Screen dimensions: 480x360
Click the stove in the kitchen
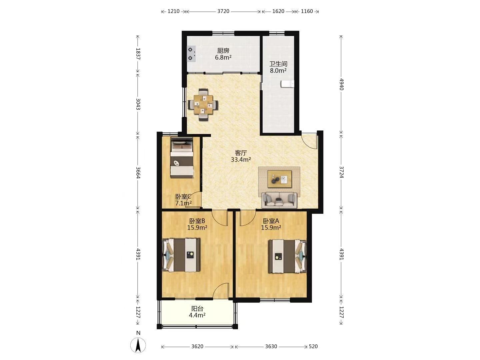(191, 54)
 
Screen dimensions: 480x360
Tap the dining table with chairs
(203, 104)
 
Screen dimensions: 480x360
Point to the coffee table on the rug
(279, 179)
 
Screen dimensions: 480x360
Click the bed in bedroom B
(181, 255)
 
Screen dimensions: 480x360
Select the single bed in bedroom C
(182, 157)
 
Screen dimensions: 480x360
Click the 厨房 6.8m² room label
(223, 54)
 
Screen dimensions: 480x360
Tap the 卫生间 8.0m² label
(278, 67)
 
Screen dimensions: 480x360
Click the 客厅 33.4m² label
(241, 156)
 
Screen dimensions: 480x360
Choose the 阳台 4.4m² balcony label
(197, 312)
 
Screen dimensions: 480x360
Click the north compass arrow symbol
(138, 345)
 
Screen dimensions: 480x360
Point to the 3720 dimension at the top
(223, 11)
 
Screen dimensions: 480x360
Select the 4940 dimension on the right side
(341, 84)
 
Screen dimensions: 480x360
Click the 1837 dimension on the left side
(138, 54)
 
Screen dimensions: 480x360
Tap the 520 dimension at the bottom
(313, 346)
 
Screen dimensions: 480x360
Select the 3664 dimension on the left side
(138, 172)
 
